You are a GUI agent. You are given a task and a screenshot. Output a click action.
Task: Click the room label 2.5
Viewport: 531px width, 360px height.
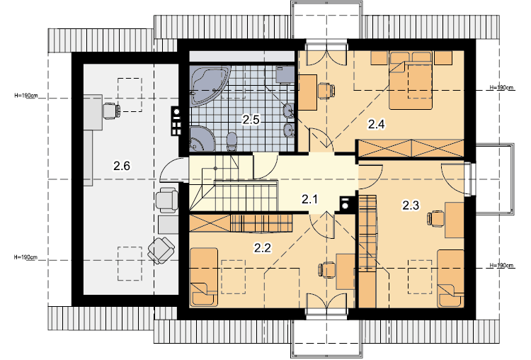point(251,120)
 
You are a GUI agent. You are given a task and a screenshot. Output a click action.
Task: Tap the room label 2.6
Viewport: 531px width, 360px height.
point(122,166)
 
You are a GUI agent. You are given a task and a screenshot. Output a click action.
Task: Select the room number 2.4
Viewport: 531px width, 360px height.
point(377,125)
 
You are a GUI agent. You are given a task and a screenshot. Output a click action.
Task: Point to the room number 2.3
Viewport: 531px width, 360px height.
point(411,205)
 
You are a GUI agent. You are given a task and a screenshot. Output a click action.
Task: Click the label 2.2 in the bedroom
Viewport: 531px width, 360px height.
point(263,248)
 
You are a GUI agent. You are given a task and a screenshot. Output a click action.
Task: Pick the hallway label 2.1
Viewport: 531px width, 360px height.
point(309,199)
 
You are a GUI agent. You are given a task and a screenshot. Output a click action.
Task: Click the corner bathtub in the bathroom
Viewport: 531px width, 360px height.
point(210,86)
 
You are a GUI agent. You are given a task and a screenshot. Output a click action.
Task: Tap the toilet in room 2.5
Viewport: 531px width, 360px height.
point(232,142)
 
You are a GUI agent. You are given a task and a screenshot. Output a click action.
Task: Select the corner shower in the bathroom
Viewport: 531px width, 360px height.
point(202,138)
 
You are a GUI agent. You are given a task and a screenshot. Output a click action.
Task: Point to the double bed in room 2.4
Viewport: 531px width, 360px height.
point(411,80)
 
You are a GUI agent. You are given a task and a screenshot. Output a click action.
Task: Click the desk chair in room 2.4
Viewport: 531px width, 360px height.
point(326,91)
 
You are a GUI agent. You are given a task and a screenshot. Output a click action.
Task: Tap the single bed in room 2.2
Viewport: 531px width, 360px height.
point(203,277)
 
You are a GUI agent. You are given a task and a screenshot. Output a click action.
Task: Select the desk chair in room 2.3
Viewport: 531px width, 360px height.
point(436,219)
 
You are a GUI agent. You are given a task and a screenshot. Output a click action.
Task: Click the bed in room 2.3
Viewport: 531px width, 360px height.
point(450,279)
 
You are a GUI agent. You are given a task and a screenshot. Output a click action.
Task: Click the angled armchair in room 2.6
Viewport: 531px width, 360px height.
point(161,250)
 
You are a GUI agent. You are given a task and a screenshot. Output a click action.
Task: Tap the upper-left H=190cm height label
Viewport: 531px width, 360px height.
point(26,96)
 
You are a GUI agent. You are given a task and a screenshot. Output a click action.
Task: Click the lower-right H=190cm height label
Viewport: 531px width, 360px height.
point(501,265)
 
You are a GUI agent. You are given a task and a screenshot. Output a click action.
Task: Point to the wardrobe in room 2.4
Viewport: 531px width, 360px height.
point(411,148)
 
